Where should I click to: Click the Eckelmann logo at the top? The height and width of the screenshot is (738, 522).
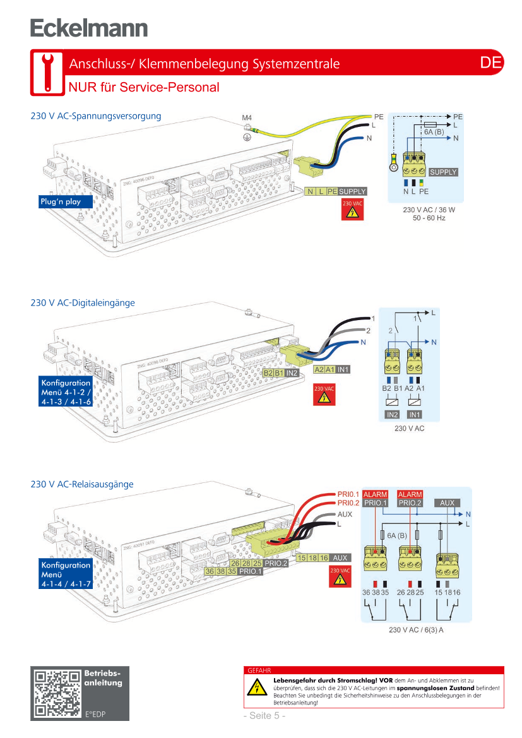(89, 28)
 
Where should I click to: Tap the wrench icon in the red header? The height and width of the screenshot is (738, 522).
(46, 71)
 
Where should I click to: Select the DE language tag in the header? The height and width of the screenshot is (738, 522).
(490, 62)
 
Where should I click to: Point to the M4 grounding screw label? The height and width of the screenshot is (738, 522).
(247, 118)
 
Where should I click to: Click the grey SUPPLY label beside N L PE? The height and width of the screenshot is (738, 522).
(352, 191)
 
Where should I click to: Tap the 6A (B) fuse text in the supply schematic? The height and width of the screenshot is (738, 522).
(434, 132)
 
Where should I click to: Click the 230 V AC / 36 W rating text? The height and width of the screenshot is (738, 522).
(429, 209)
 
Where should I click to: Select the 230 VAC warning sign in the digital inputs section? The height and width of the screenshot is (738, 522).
(324, 395)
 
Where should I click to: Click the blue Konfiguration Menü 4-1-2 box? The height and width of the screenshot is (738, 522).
(66, 392)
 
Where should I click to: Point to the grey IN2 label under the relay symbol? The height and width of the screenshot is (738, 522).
(392, 415)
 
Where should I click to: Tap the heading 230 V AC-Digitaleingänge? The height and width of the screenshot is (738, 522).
(83, 303)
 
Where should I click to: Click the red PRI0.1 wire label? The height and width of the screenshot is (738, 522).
(348, 494)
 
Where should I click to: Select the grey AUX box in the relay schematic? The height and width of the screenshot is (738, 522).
(447, 503)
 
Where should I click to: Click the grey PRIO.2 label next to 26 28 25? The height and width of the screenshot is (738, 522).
(276, 562)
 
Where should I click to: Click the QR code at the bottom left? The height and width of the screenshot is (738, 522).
(57, 693)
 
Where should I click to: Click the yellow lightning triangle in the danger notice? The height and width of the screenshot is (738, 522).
(257, 688)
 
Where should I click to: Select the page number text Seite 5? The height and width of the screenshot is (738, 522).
(265, 715)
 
